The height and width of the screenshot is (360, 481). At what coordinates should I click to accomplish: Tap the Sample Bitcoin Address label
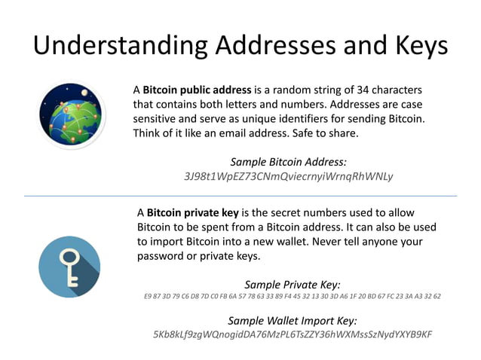[x=288, y=161]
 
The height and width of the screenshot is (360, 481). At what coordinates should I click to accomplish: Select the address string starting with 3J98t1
[x=289, y=177]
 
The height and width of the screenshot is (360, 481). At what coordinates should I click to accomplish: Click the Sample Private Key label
[x=293, y=284]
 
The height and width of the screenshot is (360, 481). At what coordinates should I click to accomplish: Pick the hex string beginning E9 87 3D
[x=293, y=297]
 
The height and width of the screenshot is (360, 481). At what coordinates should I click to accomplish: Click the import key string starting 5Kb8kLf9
[x=293, y=334]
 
